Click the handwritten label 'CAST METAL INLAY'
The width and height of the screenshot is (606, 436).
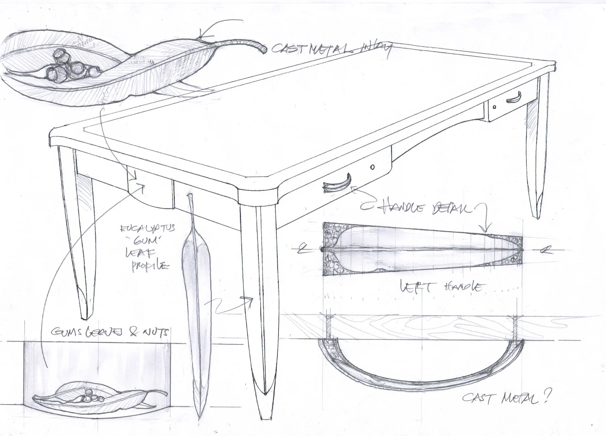[331, 49]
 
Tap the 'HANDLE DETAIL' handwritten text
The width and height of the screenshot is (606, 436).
[425, 209]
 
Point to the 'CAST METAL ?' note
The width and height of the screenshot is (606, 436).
[505, 405]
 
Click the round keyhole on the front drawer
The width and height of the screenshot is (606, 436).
[372, 167]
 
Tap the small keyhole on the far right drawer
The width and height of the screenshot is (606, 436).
[494, 107]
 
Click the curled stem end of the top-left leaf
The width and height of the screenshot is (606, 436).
[263, 49]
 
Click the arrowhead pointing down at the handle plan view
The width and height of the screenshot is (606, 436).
[486, 229]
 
